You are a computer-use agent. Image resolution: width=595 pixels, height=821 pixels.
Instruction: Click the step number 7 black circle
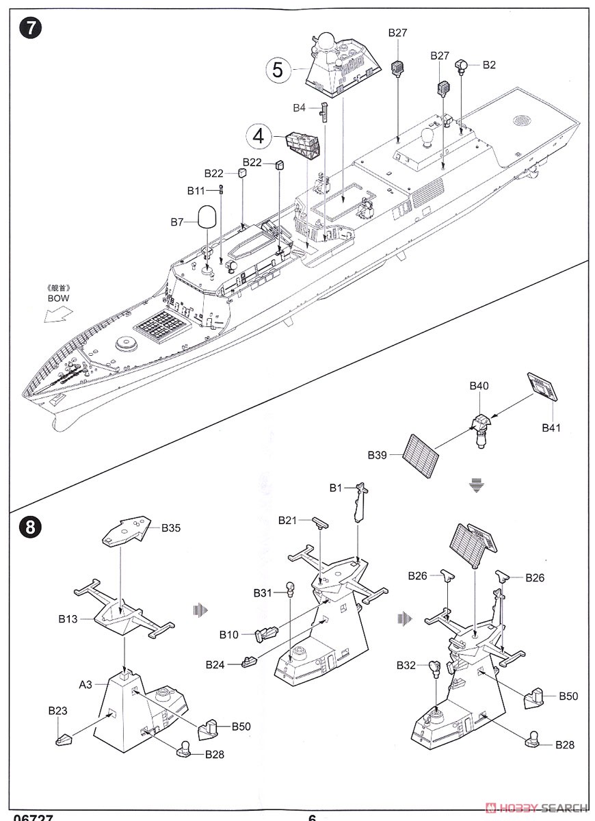(x=31, y=29)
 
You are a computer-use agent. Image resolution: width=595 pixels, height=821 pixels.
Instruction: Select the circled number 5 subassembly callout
(x=277, y=69)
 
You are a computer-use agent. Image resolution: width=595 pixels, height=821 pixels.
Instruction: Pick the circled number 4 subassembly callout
(x=258, y=135)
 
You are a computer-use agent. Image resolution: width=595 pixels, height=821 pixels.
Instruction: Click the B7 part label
(x=177, y=222)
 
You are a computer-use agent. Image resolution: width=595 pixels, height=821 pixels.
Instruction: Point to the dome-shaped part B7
(x=209, y=217)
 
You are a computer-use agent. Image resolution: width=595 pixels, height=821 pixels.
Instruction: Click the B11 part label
(x=196, y=190)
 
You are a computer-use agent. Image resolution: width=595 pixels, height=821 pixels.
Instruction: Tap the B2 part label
(x=489, y=65)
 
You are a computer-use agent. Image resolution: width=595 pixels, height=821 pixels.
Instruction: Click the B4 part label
(x=300, y=107)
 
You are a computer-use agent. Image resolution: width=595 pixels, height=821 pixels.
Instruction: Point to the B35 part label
(x=172, y=527)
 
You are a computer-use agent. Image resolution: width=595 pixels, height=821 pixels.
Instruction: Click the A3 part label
(x=85, y=683)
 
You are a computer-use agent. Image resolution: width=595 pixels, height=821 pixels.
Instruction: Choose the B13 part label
(x=67, y=618)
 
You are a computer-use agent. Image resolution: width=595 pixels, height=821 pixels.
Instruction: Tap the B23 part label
(x=57, y=712)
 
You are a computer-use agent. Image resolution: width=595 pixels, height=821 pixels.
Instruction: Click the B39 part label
(x=378, y=454)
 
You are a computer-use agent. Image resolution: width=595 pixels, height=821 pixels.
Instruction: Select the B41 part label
(x=551, y=428)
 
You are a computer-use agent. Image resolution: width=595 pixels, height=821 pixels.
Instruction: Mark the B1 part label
(x=335, y=488)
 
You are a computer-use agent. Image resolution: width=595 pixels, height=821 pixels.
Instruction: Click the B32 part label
(x=406, y=665)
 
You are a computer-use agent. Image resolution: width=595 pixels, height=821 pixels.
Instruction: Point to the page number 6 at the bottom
(x=312, y=817)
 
